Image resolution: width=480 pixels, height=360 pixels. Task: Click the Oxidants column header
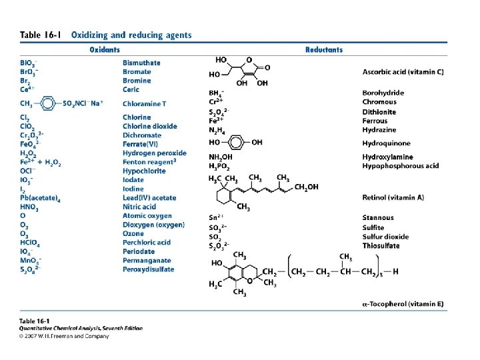105,49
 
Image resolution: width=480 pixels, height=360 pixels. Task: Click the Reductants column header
323,49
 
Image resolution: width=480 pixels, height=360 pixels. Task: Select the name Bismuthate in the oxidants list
141,63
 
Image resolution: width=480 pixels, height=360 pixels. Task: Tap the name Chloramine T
145,103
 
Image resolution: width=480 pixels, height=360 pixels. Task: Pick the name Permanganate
147,261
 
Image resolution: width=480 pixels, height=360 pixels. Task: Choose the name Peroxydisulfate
149,269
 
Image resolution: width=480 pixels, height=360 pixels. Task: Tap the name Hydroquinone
386,143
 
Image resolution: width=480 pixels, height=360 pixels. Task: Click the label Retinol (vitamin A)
394,197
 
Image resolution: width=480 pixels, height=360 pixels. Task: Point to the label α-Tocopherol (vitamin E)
403,304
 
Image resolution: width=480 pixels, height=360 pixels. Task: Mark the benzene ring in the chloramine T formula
48,103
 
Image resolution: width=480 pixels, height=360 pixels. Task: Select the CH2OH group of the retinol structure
306,187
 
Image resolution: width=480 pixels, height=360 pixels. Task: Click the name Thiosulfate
381,245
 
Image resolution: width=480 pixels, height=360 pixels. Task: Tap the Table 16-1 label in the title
39,35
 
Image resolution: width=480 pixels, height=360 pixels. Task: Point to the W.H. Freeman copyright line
64,335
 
